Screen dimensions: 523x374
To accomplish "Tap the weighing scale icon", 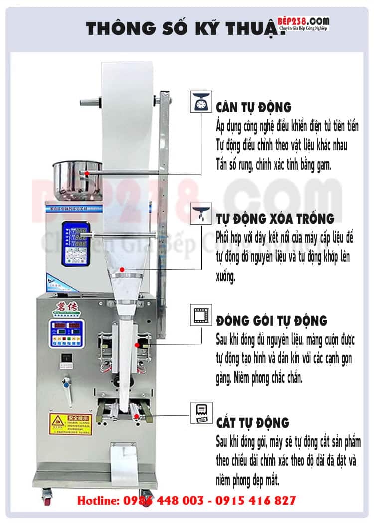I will pos(200,103).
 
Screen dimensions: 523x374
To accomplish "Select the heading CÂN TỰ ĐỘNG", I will pos(253,107).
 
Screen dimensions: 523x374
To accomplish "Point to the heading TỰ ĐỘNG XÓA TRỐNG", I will pos(275,219).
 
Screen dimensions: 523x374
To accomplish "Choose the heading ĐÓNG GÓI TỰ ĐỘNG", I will pos(271,320).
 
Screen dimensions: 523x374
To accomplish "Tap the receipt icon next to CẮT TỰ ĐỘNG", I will pos(200,413).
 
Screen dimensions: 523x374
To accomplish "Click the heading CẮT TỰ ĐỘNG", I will pos(252,423).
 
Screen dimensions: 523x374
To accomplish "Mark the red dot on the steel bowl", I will pos(87,173).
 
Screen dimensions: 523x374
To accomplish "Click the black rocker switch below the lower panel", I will pos(64,358).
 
